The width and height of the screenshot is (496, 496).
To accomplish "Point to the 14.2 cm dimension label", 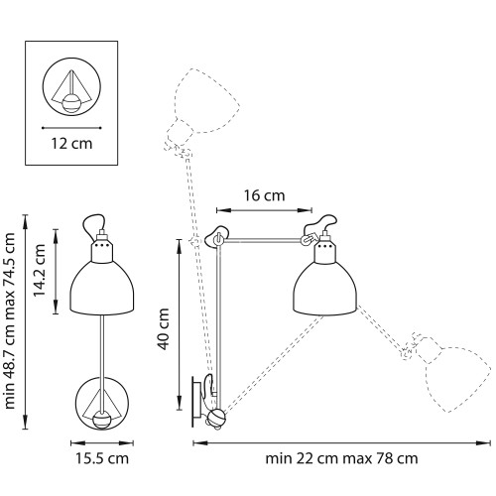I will pos(39,261).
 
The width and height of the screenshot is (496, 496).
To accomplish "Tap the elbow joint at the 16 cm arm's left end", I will pos(219,238).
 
